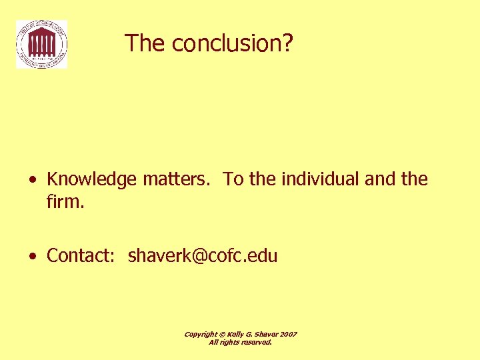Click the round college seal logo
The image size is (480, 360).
[41, 44]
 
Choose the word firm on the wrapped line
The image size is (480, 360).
[64, 201]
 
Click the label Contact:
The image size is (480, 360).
[81, 256]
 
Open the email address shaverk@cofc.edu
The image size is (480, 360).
[203, 256]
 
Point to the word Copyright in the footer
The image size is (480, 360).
[200, 334]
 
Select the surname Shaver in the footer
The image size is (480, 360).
[267, 334]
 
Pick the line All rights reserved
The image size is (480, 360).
[241, 342]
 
